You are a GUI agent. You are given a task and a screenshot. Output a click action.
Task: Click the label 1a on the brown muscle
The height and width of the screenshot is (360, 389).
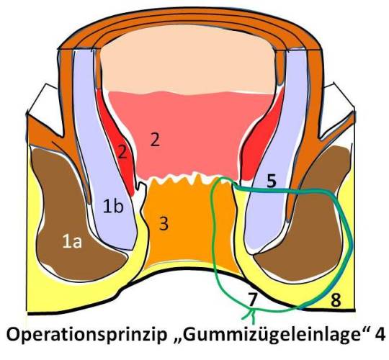[72, 242]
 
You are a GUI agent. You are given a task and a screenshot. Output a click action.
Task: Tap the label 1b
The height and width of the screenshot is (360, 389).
[113, 206]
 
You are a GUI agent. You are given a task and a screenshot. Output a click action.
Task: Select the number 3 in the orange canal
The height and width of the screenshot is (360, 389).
[164, 223]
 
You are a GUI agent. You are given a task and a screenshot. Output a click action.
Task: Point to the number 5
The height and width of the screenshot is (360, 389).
[272, 180]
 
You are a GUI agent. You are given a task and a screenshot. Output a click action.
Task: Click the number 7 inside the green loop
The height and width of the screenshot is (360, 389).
[252, 300]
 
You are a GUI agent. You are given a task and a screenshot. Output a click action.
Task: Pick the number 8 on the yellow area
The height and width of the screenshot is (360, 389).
[336, 300]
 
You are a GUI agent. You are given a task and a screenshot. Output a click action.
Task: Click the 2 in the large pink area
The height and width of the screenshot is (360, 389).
[155, 140]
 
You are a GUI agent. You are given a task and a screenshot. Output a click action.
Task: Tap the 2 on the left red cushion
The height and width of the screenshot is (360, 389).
[122, 152]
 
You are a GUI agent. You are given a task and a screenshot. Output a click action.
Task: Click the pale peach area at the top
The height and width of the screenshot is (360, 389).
[187, 60]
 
